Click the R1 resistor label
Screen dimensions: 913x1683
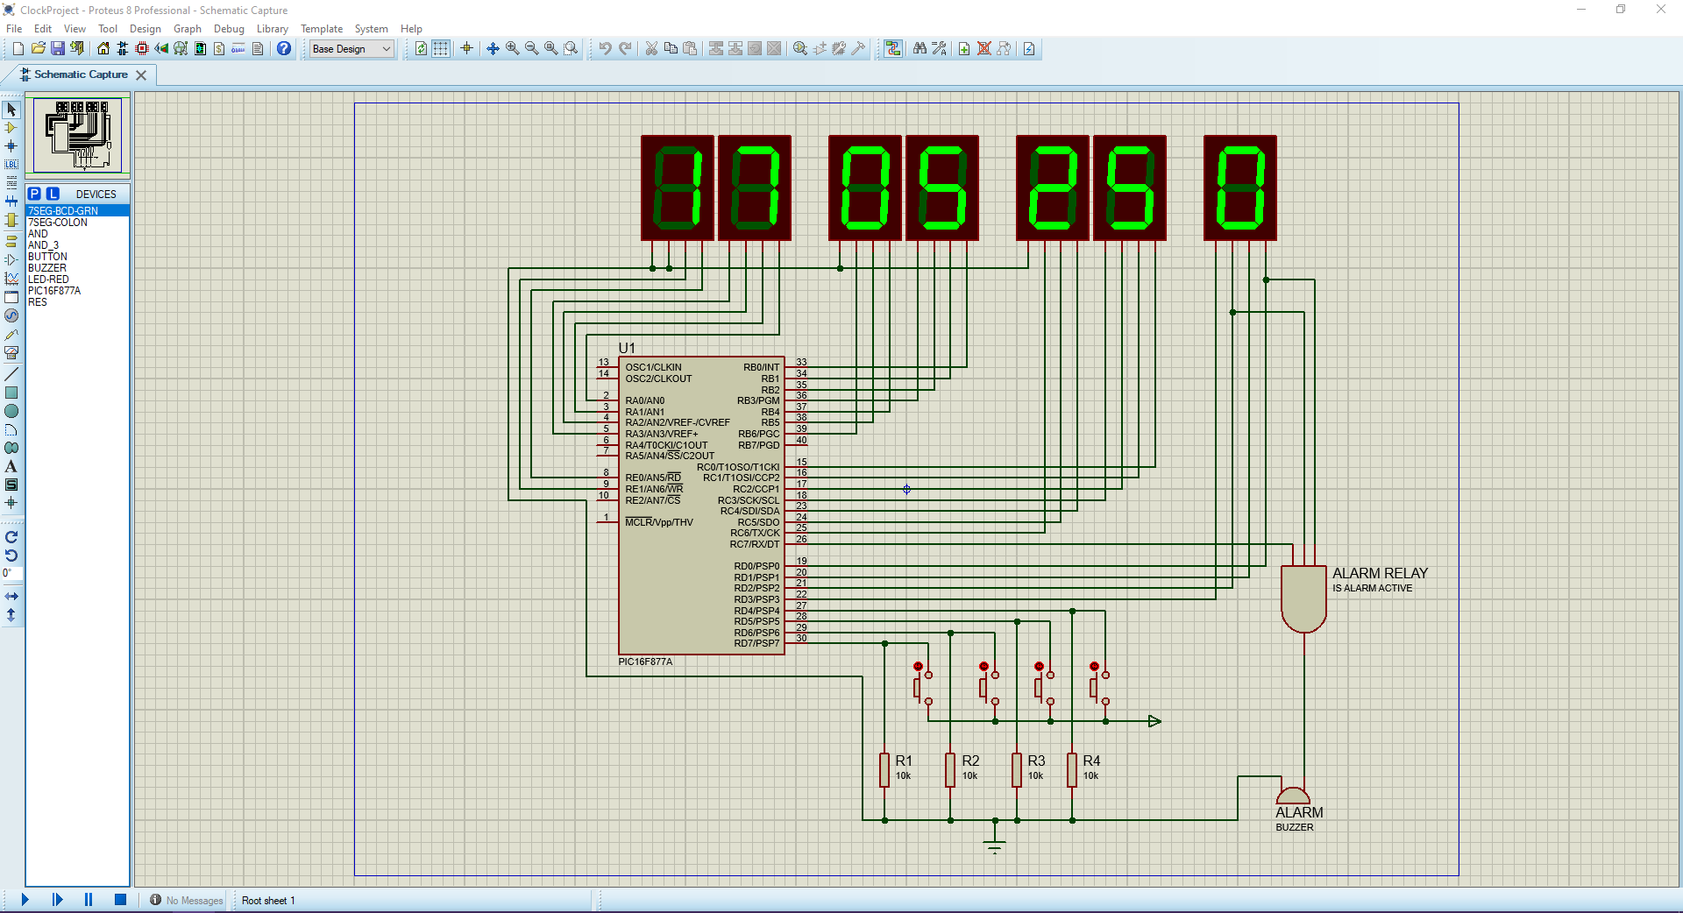click(903, 761)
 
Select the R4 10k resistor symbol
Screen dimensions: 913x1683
click(1072, 769)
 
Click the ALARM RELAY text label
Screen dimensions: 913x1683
click(1380, 573)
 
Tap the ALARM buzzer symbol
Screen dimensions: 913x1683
click(1293, 796)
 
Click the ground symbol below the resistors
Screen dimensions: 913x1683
click(994, 846)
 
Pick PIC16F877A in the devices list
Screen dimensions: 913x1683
click(54, 291)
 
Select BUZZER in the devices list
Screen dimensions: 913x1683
click(47, 268)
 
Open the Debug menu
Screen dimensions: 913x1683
click(229, 29)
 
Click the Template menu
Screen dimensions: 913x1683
click(322, 29)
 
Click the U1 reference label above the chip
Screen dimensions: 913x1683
click(627, 348)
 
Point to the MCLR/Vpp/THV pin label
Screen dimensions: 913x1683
click(659, 522)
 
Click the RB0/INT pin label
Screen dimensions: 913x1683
click(761, 367)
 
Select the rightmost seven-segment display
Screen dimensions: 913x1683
click(1239, 188)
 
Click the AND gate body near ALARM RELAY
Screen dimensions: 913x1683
click(1303, 598)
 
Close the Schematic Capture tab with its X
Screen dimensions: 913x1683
click(141, 75)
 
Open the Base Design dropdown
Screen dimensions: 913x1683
click(352, 49)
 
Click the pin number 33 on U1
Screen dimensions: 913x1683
click(801, 362)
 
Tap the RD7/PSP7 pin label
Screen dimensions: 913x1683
click(756, 643)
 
